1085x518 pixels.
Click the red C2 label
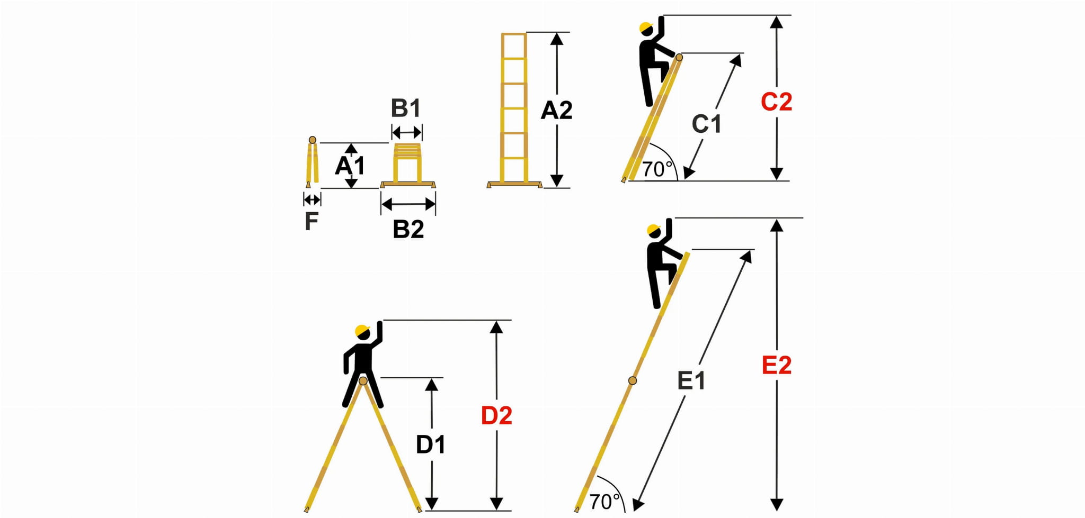pyautogui.click(x=776, y=102)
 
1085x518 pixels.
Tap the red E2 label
pyautogui.click(x=777, y=365)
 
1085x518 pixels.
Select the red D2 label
pyautogui.click(x=496, y=416)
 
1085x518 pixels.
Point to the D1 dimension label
pyautogui.click(x=431, y=444)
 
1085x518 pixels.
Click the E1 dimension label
pyautogui.click(x=691, y=380)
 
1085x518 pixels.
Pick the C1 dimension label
pyautogui.click(x=707, y=124)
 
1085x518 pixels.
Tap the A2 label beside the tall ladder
pyautogui.click(x=556, y=110)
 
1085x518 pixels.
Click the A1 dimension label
pyautogui.click(x=350, y=166)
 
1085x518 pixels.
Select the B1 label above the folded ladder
pyautogui.click(x=406, y=108)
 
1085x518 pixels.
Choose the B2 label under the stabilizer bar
pyautogui.click(x=408, y=229)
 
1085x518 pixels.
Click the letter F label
pyautogui.click(x=312, y=221)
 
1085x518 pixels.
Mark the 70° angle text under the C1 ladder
pyautogui.click(x=657, y=169)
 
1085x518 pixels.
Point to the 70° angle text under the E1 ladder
pyautogui.click(x=604, y=502)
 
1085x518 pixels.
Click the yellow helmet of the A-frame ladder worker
pyautogui.click(x=362, y=330)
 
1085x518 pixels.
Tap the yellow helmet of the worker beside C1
pyautogui.click(x=645, y=28)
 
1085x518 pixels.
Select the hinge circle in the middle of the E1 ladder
pyautogui.click(x=632, y=380)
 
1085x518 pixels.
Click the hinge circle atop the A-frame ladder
pyautogui.click(x=363, y=381)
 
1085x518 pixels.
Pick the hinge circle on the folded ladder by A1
pyautogui.click(x=313, y=140)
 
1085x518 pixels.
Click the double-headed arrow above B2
pyautogui.click(x=408, y=204)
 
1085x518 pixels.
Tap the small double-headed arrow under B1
pyautogui.click(x=407, y=132)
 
